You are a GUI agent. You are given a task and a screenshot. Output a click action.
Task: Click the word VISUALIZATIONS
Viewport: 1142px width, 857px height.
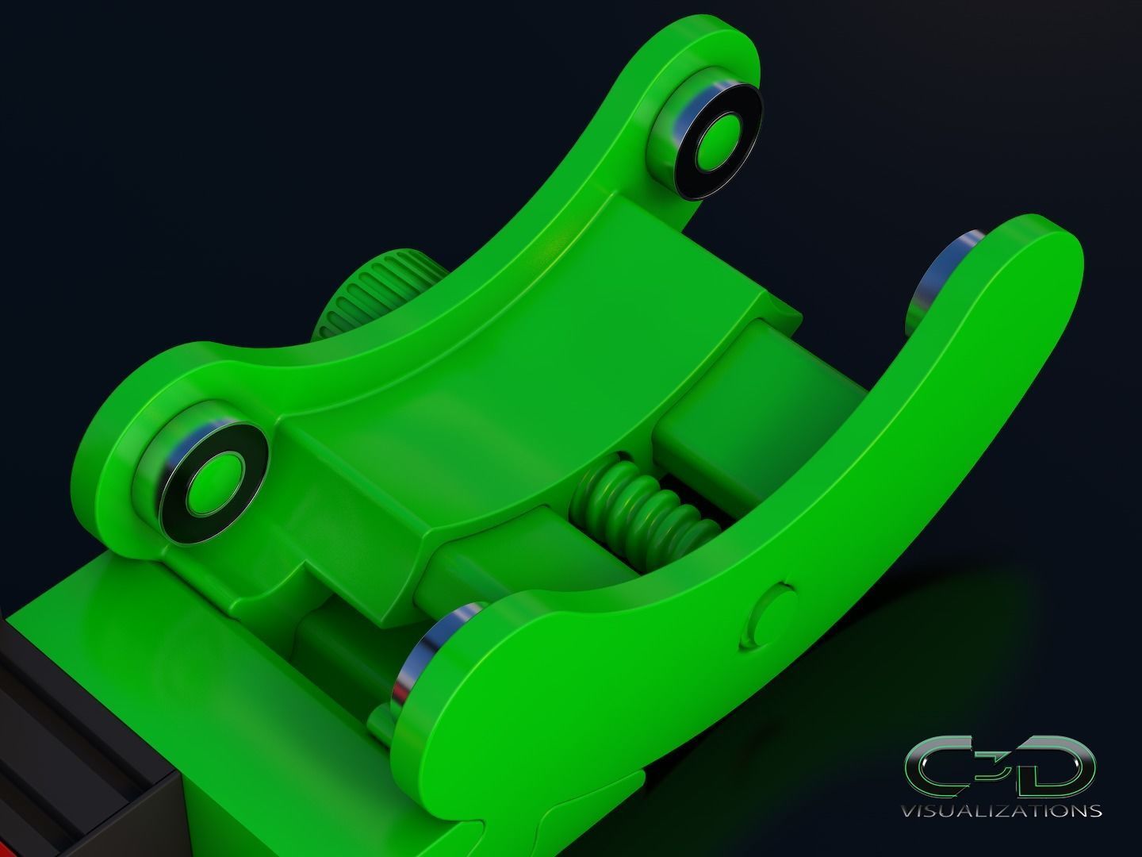pyautogui.click(x=1002, y=810)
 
